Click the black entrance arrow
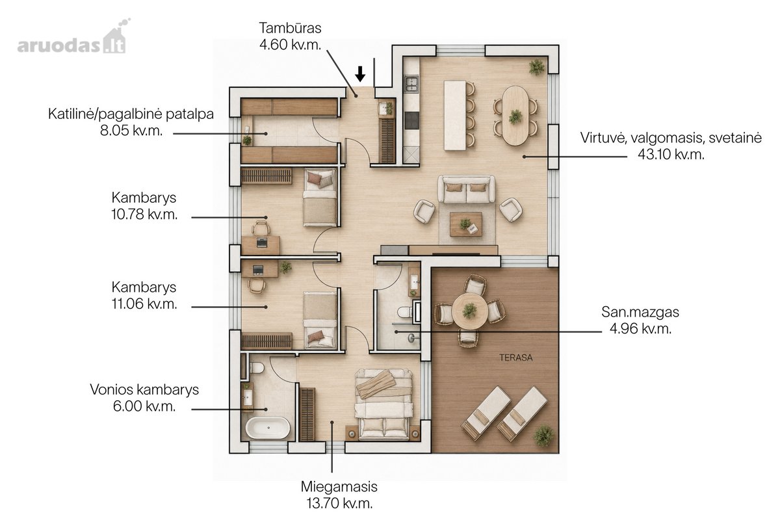coord(360,74)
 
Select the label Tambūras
coord(290,28)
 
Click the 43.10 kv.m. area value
coord(671,154)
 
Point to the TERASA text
coord(515,357)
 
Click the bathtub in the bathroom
coord(267,428)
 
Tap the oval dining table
coord(515,116)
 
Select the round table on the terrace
coord(470,311)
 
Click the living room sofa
coord(466,189)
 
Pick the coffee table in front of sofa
coord(466,224)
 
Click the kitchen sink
coord(411,84)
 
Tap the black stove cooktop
coord(411,120)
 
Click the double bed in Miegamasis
coord(383,404)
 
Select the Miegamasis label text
coord(339,487)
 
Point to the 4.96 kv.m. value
coord(640,328)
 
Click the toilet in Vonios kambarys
coord(256,368)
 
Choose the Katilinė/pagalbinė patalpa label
coord(131,114)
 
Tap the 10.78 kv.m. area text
coord(144,214)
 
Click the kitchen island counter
coord(455,116)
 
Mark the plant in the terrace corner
coord(544,435)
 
